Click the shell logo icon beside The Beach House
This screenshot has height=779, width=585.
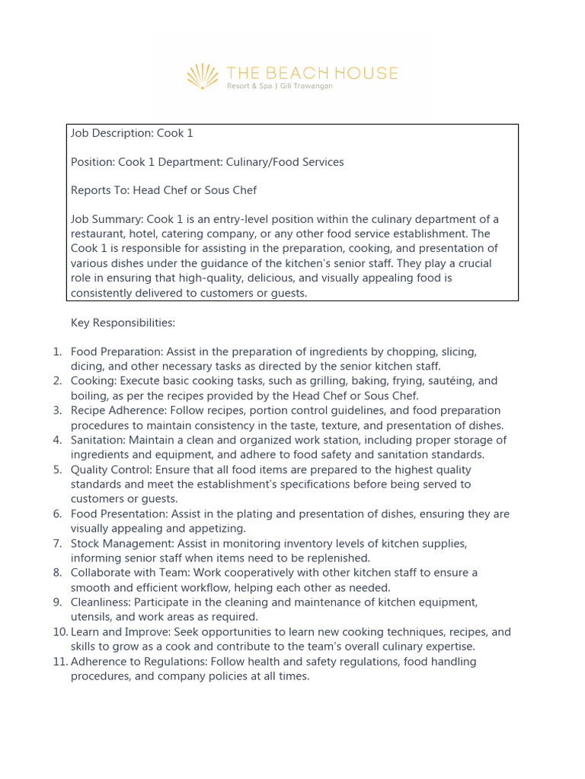[x=203, y=76]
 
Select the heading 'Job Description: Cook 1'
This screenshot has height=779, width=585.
[x=132, y=133]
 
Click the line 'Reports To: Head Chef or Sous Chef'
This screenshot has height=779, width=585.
[x=164, y=190]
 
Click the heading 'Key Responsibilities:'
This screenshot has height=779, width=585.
[x=123, y=323]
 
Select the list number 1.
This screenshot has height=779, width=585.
[x=57, y=352]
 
